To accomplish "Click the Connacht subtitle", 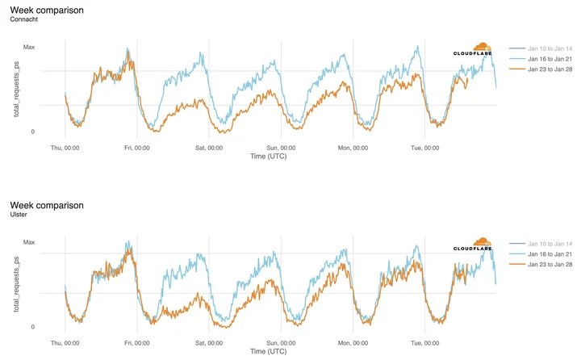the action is tap(24, 19).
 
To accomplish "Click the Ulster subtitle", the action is tap(19, 215).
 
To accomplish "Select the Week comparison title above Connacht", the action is tap(47, 10).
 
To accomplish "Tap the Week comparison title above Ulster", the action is tap(47, 205).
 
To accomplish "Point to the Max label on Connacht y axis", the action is tap(29, 47).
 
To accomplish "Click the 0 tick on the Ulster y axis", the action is tap(33, 327).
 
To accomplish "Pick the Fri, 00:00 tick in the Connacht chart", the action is tap(137, 148).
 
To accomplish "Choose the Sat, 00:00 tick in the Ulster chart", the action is tap(209, 343).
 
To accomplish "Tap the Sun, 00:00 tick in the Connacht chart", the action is tap(281, 148).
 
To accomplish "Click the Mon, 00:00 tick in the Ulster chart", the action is tap(353, 343).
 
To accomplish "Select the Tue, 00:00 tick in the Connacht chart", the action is tap(425, 148).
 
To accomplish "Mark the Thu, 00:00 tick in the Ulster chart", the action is tap(65, 343).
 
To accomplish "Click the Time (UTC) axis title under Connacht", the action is tap(268, 157).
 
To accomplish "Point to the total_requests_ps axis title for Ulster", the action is tap(16, 284).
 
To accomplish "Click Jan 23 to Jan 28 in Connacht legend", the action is tap(550, 69).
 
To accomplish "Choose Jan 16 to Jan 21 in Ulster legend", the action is tap(550, 254).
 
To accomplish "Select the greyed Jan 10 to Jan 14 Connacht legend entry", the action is tap(550, 48).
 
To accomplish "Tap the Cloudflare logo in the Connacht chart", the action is tap(473, 49).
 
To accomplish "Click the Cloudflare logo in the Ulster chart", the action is tap(473, 245).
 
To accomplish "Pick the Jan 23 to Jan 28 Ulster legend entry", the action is tap(550, 264).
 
